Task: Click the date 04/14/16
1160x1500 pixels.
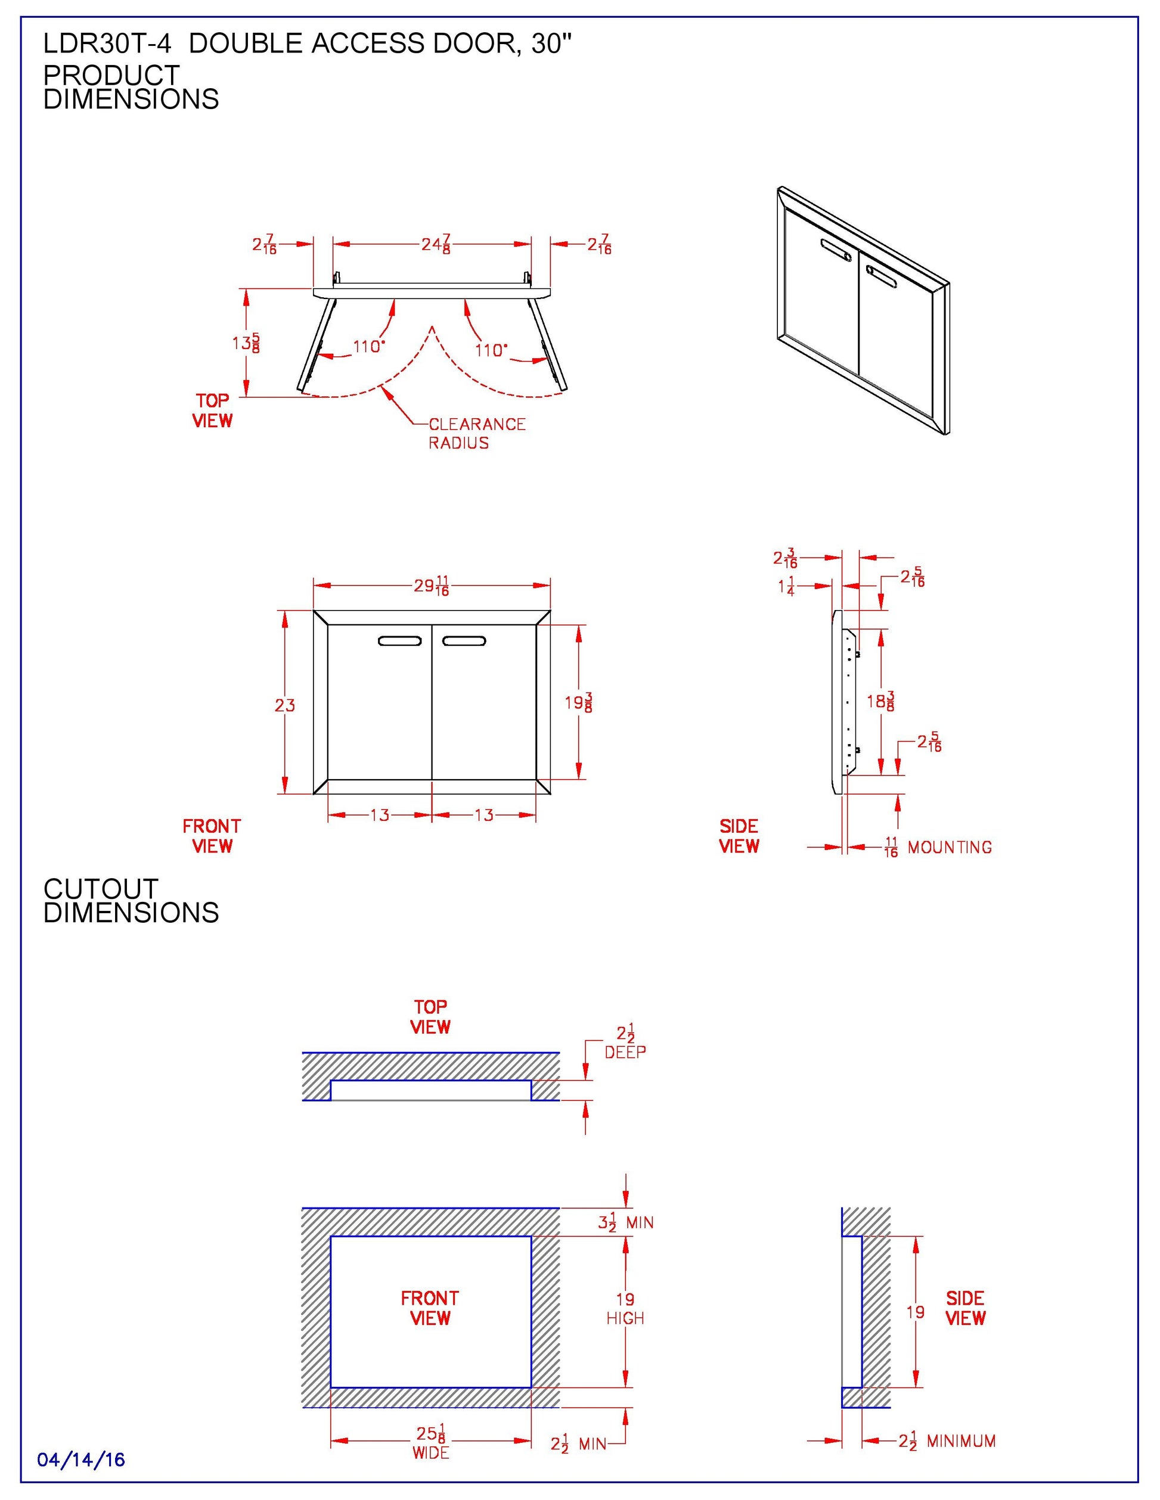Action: pos(81,1459)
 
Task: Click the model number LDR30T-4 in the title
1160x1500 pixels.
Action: pos(107,44)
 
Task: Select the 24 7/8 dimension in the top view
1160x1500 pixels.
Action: pos(436,244)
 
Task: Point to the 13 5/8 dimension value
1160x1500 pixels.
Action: pos(246,342)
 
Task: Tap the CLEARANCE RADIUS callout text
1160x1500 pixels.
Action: pos(476,433)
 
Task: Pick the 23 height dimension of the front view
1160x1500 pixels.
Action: pos(284,705)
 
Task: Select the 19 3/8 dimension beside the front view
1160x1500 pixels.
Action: pos(579,702)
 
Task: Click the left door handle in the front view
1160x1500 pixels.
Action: pos(399,641)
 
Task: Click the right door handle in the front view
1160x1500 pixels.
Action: pos(464,641)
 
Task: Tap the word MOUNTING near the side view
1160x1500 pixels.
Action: pos(949,848)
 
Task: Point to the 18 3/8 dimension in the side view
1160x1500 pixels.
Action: pos(880,701)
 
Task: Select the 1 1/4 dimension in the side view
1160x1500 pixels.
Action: pos(786,587)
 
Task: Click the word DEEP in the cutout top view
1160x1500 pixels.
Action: pos(625,1052)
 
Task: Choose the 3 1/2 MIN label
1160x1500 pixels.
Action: pos(625,1222)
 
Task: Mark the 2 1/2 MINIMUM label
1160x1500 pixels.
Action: pos(947,1441)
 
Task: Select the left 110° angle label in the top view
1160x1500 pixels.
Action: pos(368,346)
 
